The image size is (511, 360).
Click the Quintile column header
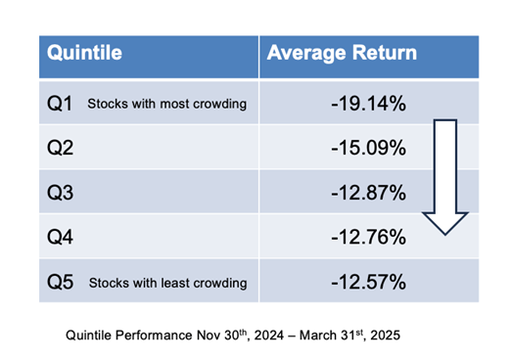(84, 53)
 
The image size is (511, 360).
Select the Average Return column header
(342, 53)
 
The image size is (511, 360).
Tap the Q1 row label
(60, 104)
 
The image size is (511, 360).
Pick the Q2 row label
(60, 148)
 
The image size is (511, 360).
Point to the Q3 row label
(60, 193)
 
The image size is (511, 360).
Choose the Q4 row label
(60, 237)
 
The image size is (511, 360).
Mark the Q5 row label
(60, 282)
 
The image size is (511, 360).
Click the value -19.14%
(369, 104)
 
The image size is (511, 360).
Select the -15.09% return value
(369, 148)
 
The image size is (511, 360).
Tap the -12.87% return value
(369, 193)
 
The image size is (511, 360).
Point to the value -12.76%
(369, 237)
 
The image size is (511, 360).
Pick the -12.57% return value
(369, 282)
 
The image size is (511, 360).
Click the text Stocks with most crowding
(166, 104)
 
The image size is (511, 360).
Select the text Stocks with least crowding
(167, 283)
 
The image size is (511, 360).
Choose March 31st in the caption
(331, 335)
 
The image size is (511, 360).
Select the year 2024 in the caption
(269, 336)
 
